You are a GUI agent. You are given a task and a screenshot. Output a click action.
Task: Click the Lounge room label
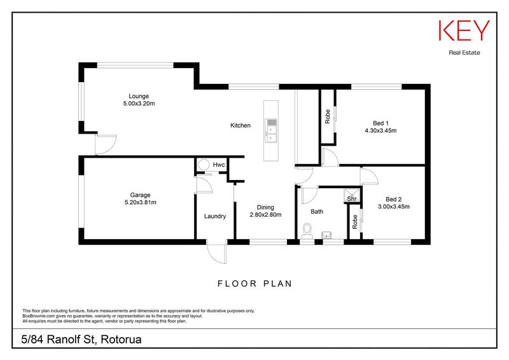(x=139, y=96)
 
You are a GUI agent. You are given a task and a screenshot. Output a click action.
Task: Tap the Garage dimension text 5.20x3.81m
(x=140, y=202)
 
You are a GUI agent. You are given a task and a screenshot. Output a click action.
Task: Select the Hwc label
(x=219, y=165)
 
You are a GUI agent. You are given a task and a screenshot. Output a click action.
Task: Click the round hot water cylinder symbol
(x=204, y=165)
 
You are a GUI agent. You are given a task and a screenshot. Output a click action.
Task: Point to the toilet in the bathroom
(x=307, y=231)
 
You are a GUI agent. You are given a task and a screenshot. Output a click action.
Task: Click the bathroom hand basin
(x=326, y=235)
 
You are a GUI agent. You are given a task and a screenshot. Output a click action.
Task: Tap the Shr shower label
(x=352, y=198)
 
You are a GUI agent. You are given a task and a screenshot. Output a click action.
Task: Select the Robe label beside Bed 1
(x=328, y=116)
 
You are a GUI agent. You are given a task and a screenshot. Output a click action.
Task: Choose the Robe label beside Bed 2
(x=355, y=222)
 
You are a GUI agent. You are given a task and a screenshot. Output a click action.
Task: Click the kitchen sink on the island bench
(x=271, y=130)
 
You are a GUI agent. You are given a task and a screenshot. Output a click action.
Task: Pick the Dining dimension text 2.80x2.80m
(x=265, y=214)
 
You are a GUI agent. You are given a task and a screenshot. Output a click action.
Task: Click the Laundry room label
(x=215, y=216)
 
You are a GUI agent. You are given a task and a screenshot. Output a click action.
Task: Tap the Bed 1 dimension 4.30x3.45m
(x=380, y=130)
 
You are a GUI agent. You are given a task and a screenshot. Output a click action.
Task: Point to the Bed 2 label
(x=394, y=199)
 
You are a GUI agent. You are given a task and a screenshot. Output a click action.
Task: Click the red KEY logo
(x=464, y=31)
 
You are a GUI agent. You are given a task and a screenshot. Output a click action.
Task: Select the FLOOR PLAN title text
(x=255, y=284)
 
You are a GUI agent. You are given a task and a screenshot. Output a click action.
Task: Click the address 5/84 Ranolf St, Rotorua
(x=81, y=340)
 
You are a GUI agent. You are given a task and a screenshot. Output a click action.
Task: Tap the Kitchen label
(x=241, y=125)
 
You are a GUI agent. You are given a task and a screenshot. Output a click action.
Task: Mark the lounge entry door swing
(x=106, y=145)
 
